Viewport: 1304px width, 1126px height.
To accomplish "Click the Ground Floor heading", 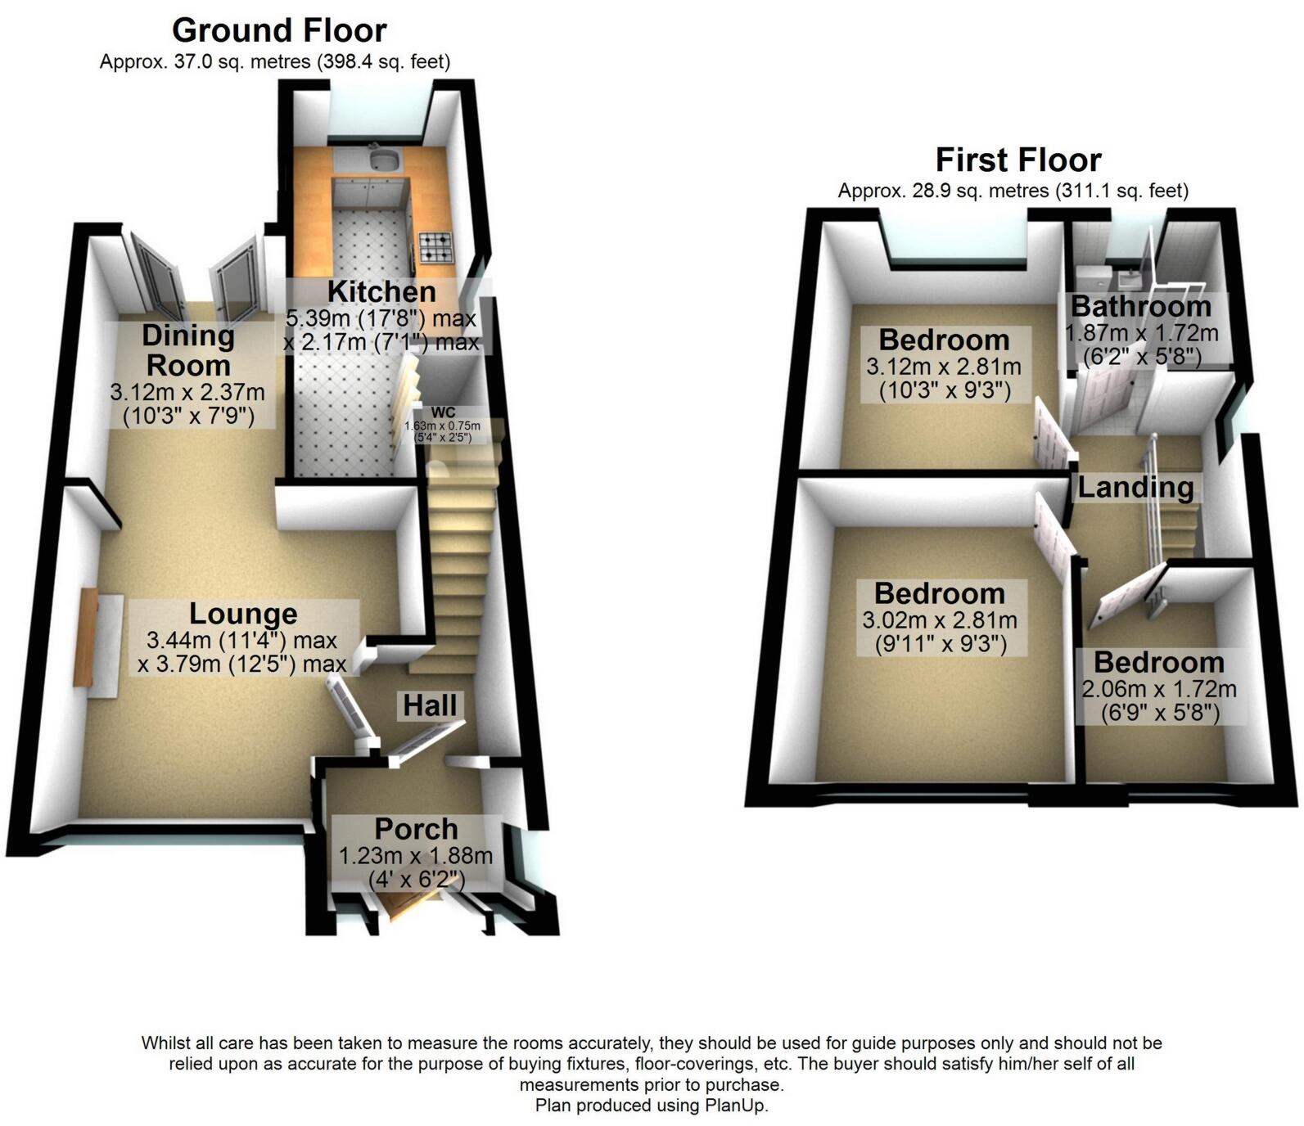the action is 279,30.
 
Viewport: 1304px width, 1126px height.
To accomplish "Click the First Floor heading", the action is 1018,160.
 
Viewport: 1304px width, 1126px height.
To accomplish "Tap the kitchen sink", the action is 382,157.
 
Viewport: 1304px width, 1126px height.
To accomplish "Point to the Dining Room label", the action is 188,350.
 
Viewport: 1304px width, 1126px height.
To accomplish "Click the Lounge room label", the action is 243,614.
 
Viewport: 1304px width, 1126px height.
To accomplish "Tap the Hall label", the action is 431,705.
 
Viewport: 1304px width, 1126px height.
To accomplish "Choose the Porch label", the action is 416,829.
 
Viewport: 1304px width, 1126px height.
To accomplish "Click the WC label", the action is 443,412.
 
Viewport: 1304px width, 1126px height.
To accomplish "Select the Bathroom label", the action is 1141,306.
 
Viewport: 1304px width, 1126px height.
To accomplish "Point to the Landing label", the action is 1135,488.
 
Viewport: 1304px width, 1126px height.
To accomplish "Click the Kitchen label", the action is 381,291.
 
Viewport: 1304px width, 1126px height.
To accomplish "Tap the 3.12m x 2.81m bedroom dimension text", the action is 944,367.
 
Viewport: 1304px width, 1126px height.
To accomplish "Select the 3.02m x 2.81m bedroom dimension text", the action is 940,620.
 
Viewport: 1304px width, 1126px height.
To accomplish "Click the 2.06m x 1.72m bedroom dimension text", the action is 1159,689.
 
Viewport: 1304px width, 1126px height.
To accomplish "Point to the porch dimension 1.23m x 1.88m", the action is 416,856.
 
